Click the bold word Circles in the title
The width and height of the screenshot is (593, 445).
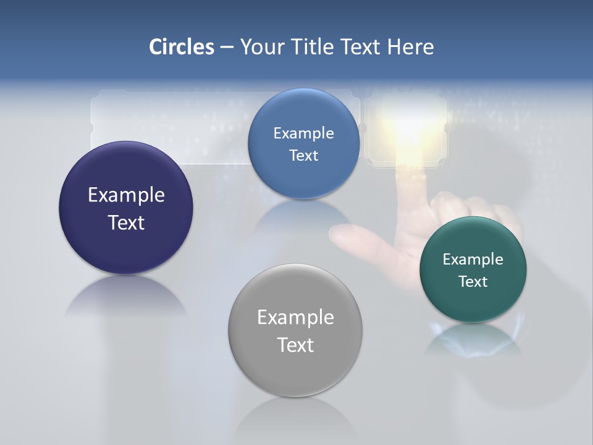click(x=182, y=47)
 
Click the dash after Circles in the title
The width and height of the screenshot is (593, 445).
click(x=226, y=48)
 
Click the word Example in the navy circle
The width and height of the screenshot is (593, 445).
click(x=126, y=195)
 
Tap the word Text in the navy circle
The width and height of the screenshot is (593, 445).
click(x=126, y=222)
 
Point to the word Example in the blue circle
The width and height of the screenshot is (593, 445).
click(x=303, y=133)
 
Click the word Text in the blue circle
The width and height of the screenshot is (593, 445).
click(x=303, y=156)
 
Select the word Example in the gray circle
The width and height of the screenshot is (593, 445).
click(x=295, y=318)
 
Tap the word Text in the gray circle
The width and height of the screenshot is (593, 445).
click(x=295, y=345)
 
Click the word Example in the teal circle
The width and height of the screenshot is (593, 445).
click(x=473, y=260)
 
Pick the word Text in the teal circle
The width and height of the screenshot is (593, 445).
click(x=473, y=282)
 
